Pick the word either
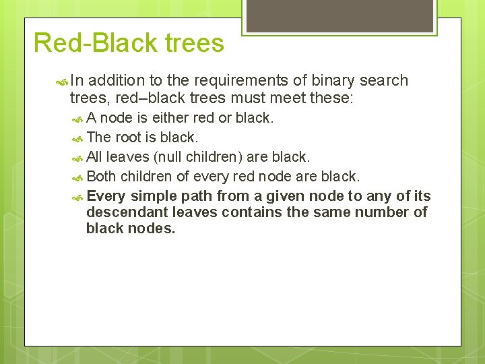click(x=171, y=118)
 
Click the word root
click(x=128, y=138)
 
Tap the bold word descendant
click(x=127, y=212)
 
